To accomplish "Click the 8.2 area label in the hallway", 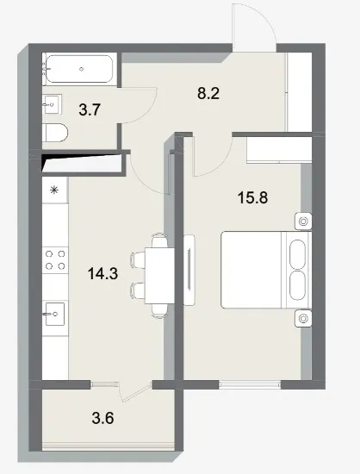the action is (x=208, y=93).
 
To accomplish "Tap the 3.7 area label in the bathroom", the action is (x=90, y=109).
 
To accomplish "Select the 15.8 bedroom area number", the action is (x=253, y=198).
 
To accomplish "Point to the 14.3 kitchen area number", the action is (x=102, y=273).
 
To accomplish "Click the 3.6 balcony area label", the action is (x=102, y=418).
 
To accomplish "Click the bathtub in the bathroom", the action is (x=79, y=69).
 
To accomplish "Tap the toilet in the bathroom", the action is (x=55, y=133).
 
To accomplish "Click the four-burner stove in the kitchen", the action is (x=55, y=260).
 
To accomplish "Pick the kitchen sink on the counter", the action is (x=54, y=314).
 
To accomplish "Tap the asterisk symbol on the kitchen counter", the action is (x=54, y=190).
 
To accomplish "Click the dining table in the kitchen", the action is (x=160, y=276).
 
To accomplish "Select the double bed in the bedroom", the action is (x=266, y=270).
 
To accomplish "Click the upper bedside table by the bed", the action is (x=303, y=221).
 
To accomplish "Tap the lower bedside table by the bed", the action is (x=303, y=318).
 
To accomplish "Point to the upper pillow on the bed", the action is (x=297, y=254).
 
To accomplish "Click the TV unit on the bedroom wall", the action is (x=189, y=270).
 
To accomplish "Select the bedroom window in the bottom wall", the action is (x=250, y=384).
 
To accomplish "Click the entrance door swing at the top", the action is (x=254, y=28).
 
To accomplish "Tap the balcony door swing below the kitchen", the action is (x=136, y=392).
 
